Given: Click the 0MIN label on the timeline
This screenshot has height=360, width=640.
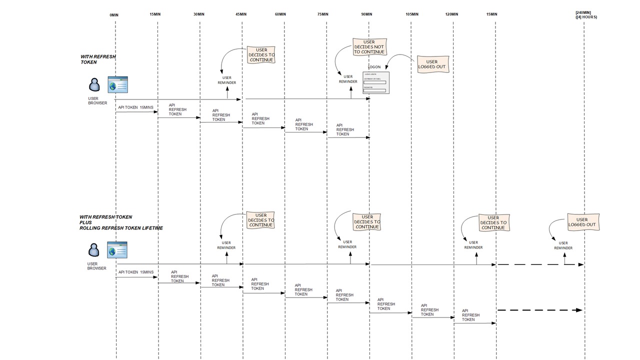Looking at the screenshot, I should (114, 15).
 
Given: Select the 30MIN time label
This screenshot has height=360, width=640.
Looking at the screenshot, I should (199, 14).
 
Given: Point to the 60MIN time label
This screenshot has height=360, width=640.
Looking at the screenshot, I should (280, 14).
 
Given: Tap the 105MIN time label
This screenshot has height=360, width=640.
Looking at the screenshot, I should (412, 14).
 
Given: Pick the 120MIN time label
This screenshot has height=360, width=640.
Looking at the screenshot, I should (451, 14).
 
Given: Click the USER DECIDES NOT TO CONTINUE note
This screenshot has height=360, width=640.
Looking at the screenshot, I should (369, 47).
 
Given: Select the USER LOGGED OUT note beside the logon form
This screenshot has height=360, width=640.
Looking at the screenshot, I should (431, 64).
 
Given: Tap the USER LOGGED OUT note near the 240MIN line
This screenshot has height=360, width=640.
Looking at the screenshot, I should (582, 222).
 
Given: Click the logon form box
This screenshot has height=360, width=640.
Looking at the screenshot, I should (376, 82).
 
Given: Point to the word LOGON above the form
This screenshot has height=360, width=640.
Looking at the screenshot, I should (374, 67).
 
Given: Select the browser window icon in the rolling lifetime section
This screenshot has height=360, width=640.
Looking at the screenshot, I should (117, 250).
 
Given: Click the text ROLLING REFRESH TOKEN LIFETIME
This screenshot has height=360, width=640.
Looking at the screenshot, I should (121, 228).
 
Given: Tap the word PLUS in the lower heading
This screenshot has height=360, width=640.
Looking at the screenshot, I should (85, 222).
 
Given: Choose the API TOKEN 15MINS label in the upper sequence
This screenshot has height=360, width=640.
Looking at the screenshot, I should (135, 107).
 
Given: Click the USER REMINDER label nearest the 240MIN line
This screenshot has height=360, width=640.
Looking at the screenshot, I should (563, 245).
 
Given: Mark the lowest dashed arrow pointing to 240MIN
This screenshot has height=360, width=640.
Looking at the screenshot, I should (540, 310).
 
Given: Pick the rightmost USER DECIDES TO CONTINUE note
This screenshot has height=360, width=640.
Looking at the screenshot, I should (493, 222).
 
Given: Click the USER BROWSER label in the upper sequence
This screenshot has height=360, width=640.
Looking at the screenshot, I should (97, 101).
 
